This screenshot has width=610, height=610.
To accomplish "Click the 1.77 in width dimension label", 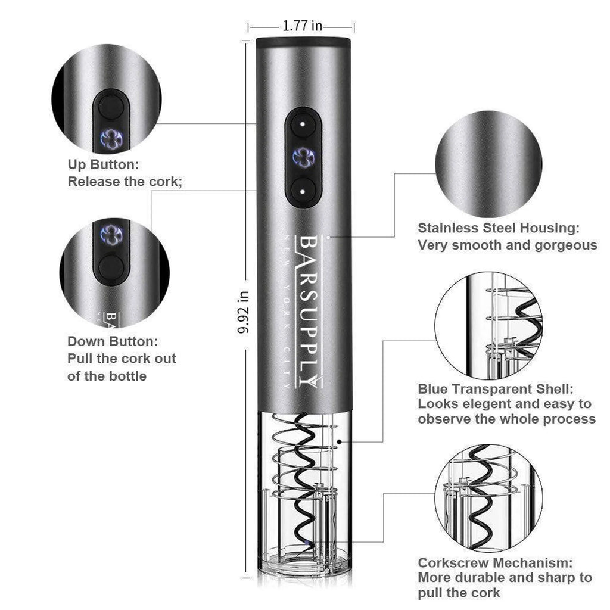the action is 302,26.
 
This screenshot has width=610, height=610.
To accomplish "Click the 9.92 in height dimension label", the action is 243,311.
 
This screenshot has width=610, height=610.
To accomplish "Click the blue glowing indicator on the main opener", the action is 303,157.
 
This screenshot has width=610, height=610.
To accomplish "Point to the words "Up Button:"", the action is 103,164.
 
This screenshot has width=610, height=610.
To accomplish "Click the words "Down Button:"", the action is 113,341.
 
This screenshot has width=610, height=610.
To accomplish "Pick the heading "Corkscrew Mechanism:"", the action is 495,562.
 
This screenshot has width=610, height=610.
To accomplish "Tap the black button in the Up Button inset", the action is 111,108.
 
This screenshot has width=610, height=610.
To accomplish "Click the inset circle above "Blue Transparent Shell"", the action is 488,325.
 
